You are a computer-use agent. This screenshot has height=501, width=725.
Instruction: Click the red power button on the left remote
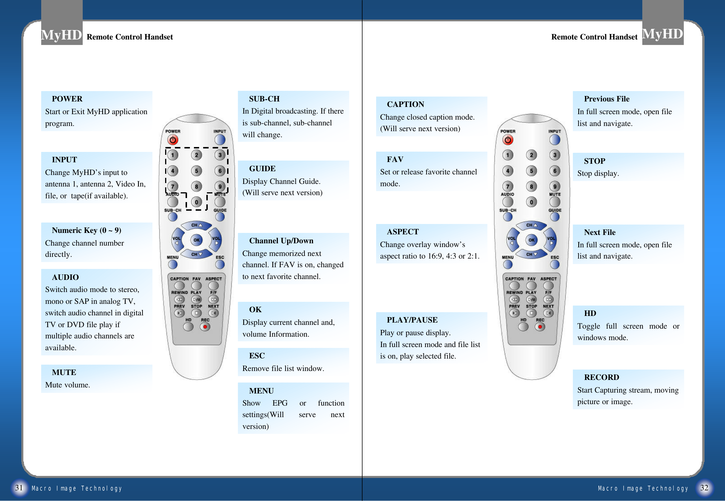pos(173,140)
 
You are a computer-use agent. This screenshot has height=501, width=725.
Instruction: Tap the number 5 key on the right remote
pos(531,171)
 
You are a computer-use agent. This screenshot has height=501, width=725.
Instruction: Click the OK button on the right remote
pos(531,240)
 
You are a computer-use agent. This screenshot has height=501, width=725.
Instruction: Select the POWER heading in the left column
pos(67,99)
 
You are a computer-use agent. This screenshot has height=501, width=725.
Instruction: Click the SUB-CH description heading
pos(264,99)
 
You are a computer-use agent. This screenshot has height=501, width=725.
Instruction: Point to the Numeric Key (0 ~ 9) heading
pos(86,230)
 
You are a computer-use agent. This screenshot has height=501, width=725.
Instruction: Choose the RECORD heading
pos(601,377)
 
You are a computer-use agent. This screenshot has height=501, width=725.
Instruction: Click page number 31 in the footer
pos(19,488)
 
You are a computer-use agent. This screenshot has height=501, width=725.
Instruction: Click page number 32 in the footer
pos(704,488)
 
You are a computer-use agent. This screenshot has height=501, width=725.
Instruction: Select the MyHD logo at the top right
pos(662,34)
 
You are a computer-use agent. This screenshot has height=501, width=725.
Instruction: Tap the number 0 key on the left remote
pos(197,202)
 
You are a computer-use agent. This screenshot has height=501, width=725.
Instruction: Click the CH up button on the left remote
pos(197,225)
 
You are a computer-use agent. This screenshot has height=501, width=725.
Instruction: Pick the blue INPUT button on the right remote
pos(555,140)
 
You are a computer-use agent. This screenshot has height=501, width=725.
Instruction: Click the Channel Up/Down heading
pos(281,241)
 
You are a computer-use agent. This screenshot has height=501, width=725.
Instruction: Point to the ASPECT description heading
pos(403,232)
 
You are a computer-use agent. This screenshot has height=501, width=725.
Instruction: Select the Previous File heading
pos(606,99)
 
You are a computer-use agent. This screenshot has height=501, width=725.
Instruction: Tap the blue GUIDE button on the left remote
pos(220,217)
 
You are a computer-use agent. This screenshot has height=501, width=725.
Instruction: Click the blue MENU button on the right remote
pos(508,265)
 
